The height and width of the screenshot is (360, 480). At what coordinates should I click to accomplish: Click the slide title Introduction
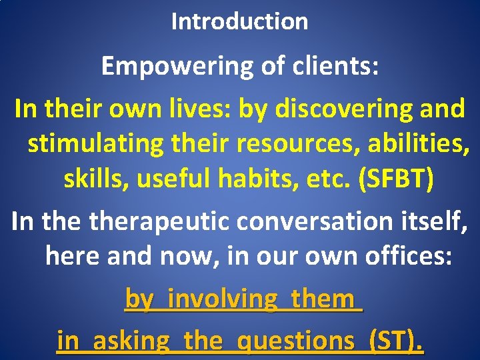[x=239, y=21]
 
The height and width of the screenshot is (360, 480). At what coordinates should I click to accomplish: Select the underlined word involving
[x=222, y=299]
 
